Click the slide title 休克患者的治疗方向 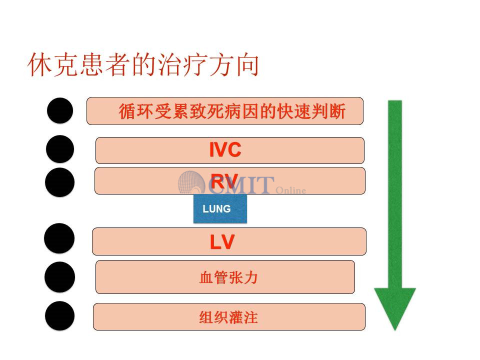tap(143, 64)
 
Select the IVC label tap(225, 149)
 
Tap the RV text tap(224, 181)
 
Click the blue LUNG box tap(220, 208)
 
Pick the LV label tap(222, 242)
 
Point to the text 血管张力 tap(228, 277)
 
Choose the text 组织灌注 tap(228, 317)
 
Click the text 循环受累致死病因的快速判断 tap(232, 111)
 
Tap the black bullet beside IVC tap(60, 149)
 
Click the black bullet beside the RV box tap(59, 182)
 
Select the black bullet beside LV tap(59, 238)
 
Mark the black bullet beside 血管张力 tap(59, 277)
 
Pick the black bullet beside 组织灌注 tap(59, 316)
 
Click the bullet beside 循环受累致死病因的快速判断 tap(60, 110)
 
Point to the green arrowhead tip tap(395, 330)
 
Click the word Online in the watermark tap(291, 190)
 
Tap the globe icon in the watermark tap(192, 182)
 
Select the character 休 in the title tap(39, 64)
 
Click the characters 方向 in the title tap(234, 64)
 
